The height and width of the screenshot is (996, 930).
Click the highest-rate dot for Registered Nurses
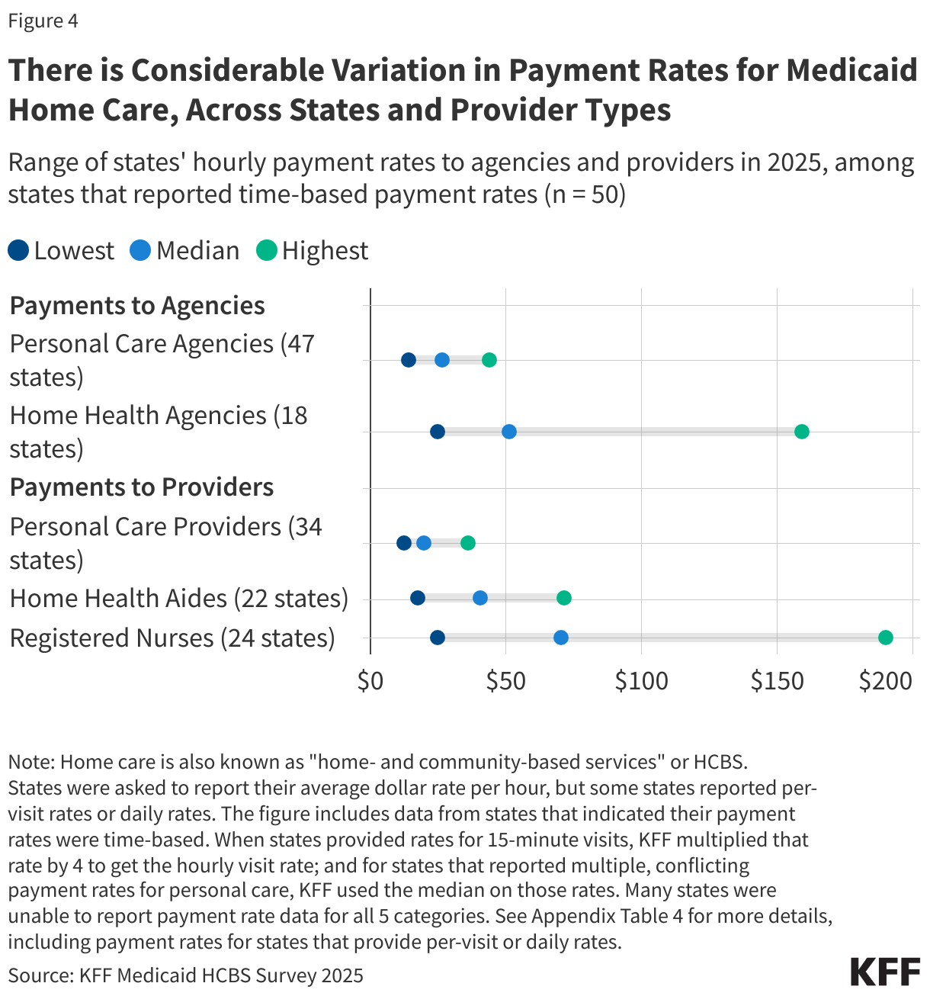[x=885, y=638]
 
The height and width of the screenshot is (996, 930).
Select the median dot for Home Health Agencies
[x=509, y=432]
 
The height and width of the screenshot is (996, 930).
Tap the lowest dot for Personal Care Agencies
[x=409, y=360]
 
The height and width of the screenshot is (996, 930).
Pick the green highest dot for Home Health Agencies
[x=801, y=432]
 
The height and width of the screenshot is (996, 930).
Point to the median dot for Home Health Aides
[x=480, y=598]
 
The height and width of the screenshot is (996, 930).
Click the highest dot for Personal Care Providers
[x=468, y=543]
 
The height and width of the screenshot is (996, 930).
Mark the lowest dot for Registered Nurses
[x=438, y=638]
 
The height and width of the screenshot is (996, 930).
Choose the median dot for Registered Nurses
[x=561, y=638]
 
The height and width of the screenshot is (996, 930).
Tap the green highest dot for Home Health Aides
[x=564, y=598]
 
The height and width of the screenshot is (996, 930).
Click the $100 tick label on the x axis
[x=642, y=681]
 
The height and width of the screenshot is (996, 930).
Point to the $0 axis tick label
[x=370, y=681]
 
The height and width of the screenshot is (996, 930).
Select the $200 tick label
[x=886, y=681]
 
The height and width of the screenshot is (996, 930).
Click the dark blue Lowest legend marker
[x=18, y=250]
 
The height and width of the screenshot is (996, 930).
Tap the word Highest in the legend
[x=325, y=250]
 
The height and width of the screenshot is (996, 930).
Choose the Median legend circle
[x=140, y=250]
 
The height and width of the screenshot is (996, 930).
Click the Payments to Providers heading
[x=142, y=487]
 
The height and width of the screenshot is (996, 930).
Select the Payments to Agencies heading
[x=137, y=305]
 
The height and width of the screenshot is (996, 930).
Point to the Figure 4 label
[x=43, y=21]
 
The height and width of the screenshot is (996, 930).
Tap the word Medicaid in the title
[x=851, y=70]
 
